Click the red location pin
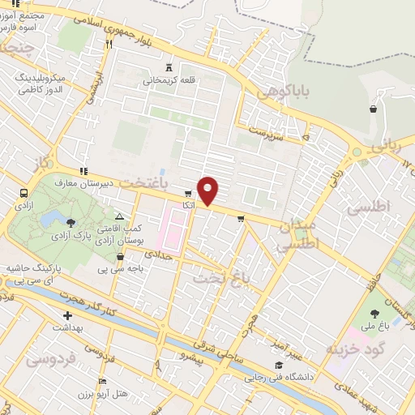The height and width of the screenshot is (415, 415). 208,191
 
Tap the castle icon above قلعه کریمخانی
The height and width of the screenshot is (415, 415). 169,66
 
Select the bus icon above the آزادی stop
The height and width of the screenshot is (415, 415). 23,194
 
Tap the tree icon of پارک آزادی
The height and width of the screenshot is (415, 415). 71,221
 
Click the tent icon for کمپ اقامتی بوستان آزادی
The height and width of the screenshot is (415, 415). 119,216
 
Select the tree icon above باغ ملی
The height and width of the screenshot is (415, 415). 374,312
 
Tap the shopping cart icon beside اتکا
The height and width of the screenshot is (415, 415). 188,194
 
